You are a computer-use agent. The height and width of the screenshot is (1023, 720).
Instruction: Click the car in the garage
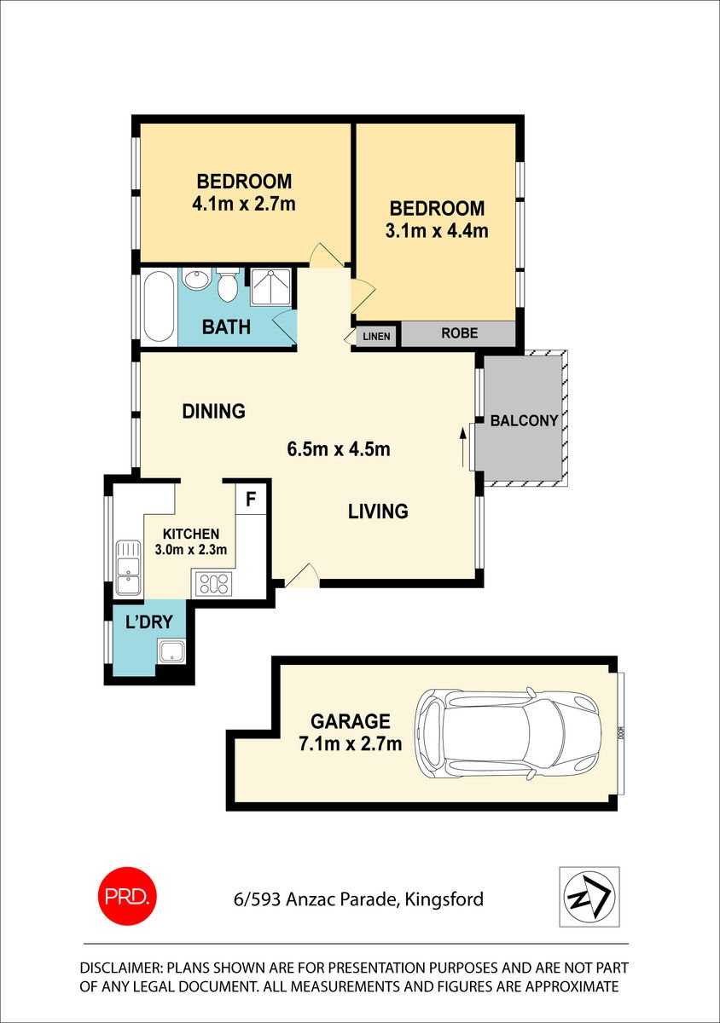[508, 733]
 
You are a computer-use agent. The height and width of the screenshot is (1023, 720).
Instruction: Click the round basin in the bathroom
[197, 278]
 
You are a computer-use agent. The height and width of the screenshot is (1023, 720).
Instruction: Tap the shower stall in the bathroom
[270, 287]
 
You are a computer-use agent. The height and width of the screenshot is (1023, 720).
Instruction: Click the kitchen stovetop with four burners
[214, 584]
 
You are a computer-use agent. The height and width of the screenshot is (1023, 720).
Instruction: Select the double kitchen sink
[128, 568]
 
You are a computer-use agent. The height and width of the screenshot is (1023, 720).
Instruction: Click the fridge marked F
[251, 499]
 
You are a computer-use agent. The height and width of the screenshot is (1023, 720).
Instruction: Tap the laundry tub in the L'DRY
[171, 651]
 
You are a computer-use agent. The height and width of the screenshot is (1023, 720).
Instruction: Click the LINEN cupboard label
[376, 337]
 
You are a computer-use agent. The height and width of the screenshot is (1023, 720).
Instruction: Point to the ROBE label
[460, 333]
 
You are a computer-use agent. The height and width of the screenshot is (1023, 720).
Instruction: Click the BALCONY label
[524, 420]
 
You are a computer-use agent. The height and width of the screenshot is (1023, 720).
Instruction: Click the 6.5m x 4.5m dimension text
[339, 449]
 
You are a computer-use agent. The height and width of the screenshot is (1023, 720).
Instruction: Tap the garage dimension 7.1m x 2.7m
[350, 744]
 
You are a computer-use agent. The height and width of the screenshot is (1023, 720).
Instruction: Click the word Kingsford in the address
[444, 899]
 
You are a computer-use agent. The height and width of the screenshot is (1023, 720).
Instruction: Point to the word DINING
[213, 411]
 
